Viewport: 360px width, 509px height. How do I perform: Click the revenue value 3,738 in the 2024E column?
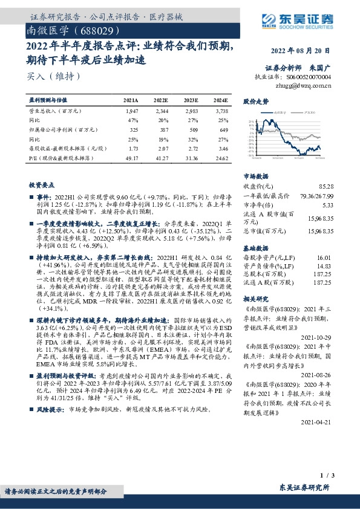pyautogui.click(x=221, y=111)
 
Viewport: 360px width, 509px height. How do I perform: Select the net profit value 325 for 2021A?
pyautogui.click(x=134, y=130)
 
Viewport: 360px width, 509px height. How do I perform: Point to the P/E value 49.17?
pyautogui.click(x=131, y=157)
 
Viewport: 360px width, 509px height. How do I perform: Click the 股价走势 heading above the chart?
pyautogui.click(x=255, y=102)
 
